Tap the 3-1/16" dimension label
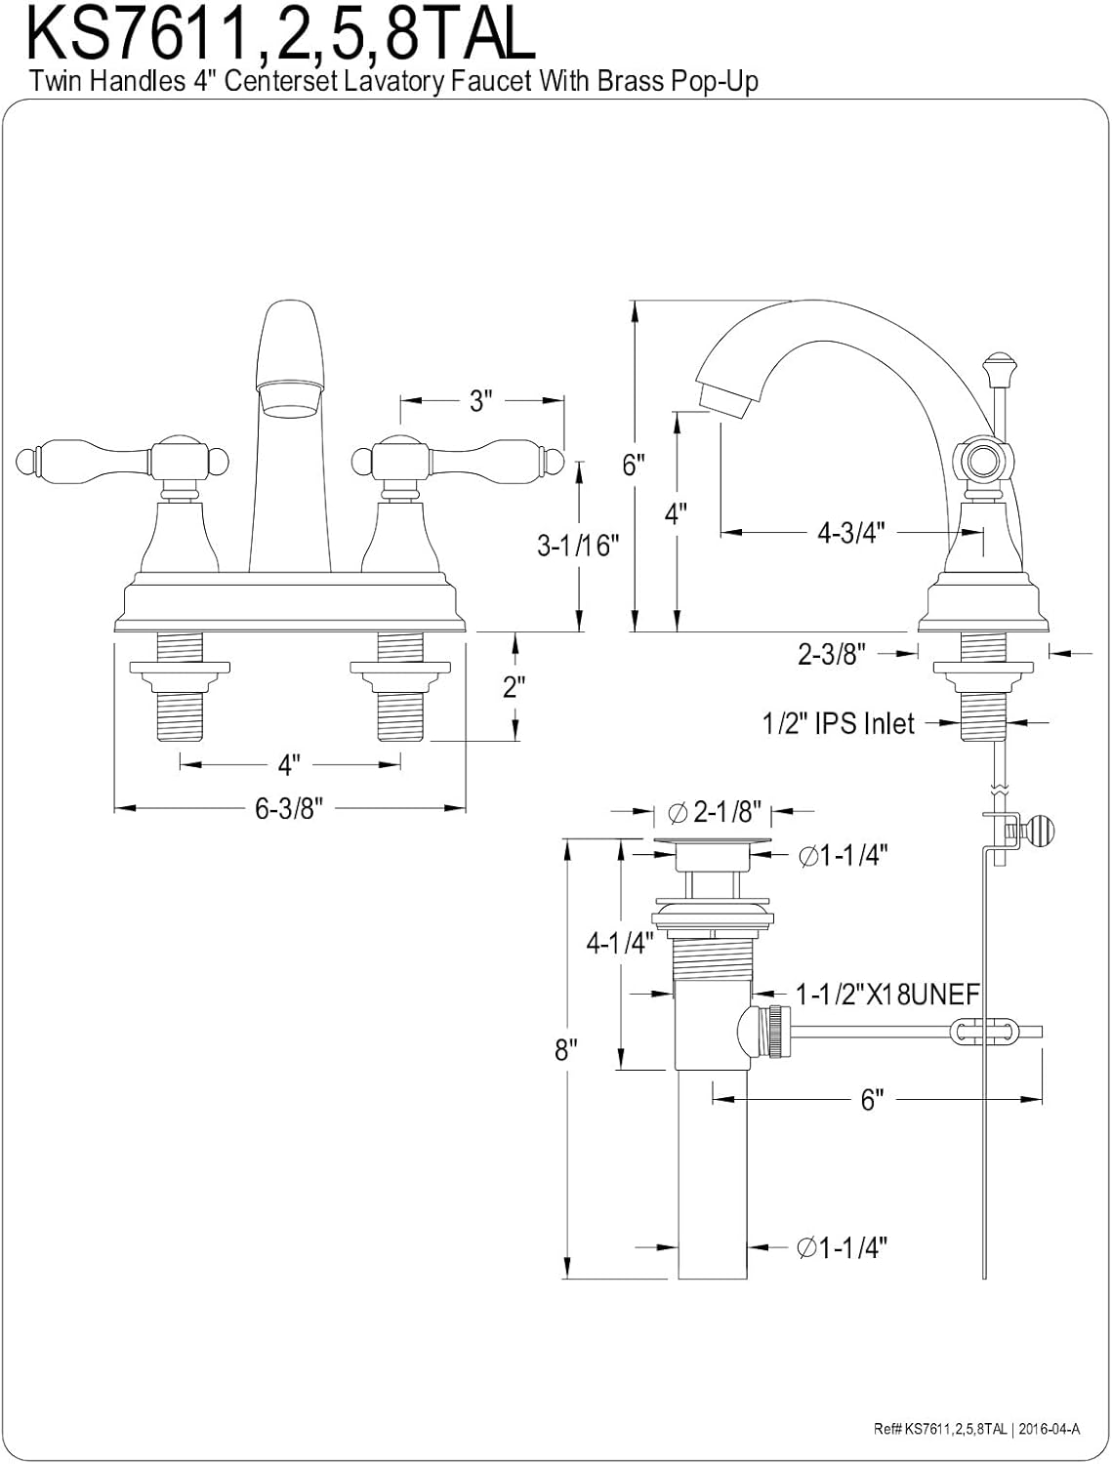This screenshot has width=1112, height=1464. [578, 545]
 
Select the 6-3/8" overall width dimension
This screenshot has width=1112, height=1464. [289, 808]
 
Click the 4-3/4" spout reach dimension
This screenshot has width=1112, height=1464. [851, 532]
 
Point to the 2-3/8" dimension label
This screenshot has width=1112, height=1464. [831, 654]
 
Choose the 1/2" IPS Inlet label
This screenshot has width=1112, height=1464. [838, 723]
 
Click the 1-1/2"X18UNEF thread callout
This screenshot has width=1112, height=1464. [887, 995]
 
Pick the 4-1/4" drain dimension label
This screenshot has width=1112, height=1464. [618, 943]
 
